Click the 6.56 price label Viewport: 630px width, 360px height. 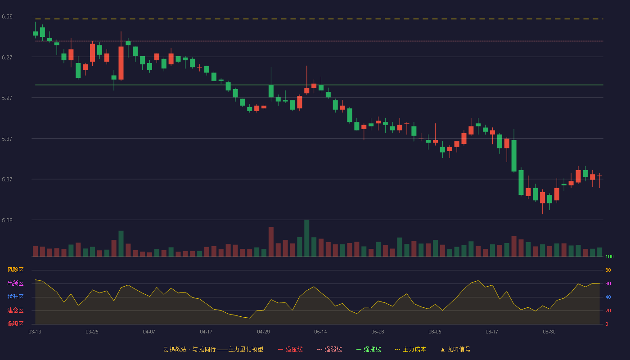7,17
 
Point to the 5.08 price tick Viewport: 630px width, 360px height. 7,220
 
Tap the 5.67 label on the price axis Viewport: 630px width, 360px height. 7,139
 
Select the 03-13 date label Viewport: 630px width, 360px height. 35,332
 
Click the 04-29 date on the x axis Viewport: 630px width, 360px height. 263,332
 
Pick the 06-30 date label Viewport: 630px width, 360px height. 549,332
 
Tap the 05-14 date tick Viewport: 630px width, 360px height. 320,332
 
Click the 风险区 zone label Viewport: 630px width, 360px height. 15,270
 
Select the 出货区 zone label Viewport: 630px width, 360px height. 15,283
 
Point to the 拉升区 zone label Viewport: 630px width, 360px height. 15,297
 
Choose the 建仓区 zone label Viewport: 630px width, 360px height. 15,310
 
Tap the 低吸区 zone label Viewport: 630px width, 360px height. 15,324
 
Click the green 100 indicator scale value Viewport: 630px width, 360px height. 609,256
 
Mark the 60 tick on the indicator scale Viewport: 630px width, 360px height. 608,283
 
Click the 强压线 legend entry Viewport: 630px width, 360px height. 290,349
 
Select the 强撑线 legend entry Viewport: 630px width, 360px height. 369,349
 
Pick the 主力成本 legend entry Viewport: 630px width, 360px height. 410,349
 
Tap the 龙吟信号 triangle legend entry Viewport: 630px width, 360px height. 455,349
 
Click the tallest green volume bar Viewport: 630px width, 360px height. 306,238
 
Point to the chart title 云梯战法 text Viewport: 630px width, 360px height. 175,349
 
